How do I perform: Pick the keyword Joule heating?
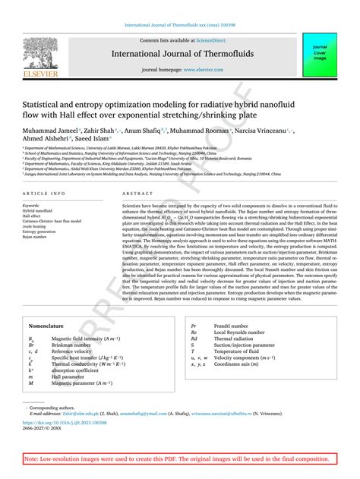click(35, 226)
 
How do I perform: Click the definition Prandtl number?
click(232, 324)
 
